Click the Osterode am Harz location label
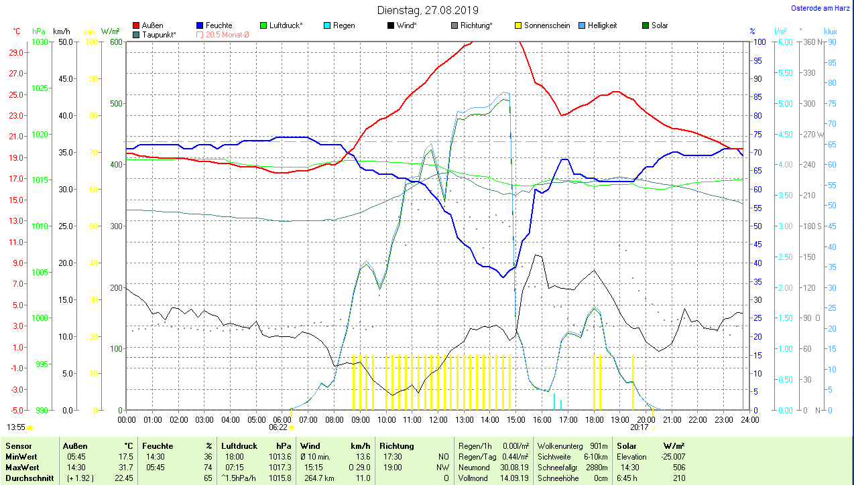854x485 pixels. pyautogui.click(x=820, y=8)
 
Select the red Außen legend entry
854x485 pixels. pyautogui.click(x=152, y=25)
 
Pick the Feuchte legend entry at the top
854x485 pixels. pyautogui.click(x=219, y=25)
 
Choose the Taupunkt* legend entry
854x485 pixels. pyautogui.click(x=159, y=34)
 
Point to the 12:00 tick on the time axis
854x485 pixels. pyautogui.click(x=438, y=419)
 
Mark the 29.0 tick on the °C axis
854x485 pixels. pyautogui.click(x=17, y=52)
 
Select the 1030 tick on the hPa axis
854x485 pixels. pyautogui.click(x=40, y=42)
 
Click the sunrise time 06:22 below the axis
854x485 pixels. pyautogui.click(x=278, y=427)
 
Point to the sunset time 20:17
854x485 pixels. pyautogui.click(x=639, y=427)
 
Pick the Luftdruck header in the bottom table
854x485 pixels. pyautogui.click(x=239, y=445)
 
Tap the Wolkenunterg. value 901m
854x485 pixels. pyautogui.click(x=599, y=446)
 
